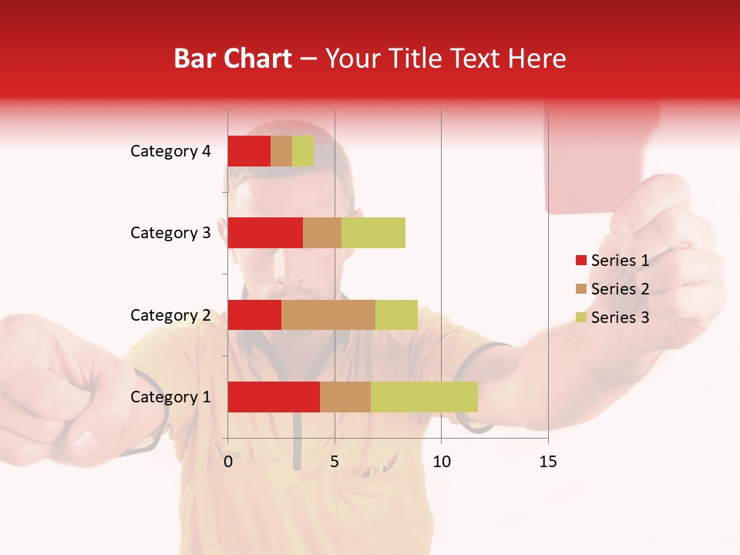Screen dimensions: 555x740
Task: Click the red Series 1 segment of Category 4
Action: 249,151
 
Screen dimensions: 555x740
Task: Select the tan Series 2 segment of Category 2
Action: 328,314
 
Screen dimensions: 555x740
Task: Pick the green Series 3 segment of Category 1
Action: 424,397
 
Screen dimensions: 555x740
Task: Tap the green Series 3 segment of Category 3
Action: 373,233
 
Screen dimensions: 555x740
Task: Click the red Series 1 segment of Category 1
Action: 274,397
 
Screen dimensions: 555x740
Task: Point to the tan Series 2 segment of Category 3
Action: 322,233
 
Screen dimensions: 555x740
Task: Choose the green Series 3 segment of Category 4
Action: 303,151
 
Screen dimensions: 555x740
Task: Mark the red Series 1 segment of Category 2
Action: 254,314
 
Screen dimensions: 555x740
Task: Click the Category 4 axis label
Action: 170,151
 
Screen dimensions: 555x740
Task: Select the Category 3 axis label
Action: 170,233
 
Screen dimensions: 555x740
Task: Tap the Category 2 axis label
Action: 170,315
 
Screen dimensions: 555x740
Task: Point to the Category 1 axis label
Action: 170,397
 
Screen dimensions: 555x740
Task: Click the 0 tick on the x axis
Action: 228,462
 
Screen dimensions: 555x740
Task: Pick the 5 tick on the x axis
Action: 335,462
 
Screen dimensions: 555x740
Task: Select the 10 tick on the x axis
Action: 441,462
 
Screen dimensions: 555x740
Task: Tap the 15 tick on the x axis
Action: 548,462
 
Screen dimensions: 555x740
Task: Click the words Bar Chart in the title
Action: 233,59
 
